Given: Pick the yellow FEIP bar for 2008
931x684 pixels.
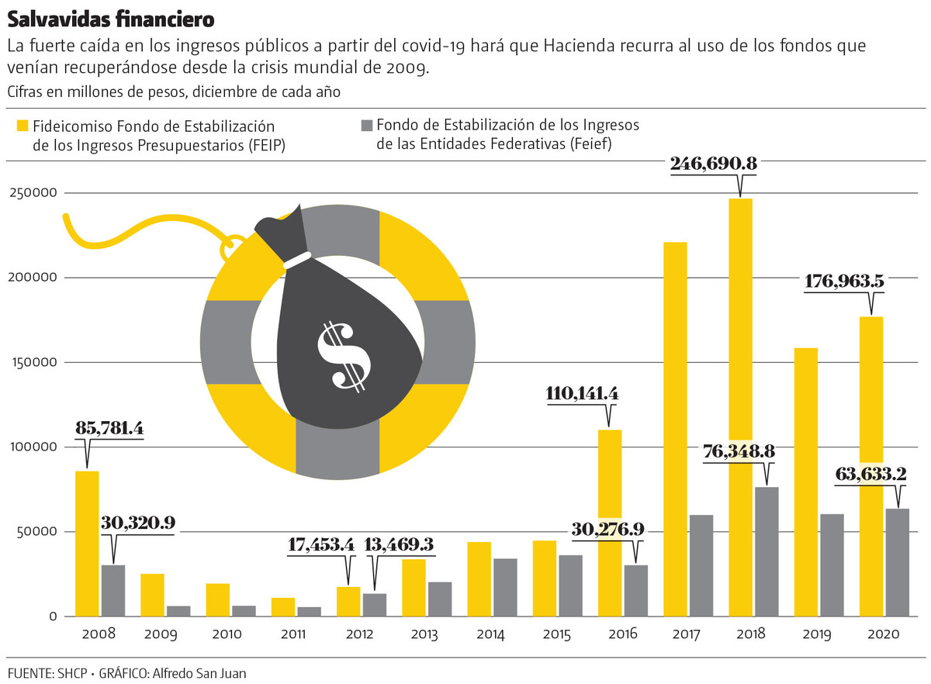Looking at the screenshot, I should [x=86, y=543].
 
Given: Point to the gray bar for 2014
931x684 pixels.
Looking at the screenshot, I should [x=504, y=587].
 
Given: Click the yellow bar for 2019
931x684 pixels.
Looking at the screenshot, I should [x=805, y=481].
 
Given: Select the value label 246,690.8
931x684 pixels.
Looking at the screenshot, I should [x=713, y=164].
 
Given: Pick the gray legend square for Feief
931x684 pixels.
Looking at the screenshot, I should [x=367, y=125].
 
